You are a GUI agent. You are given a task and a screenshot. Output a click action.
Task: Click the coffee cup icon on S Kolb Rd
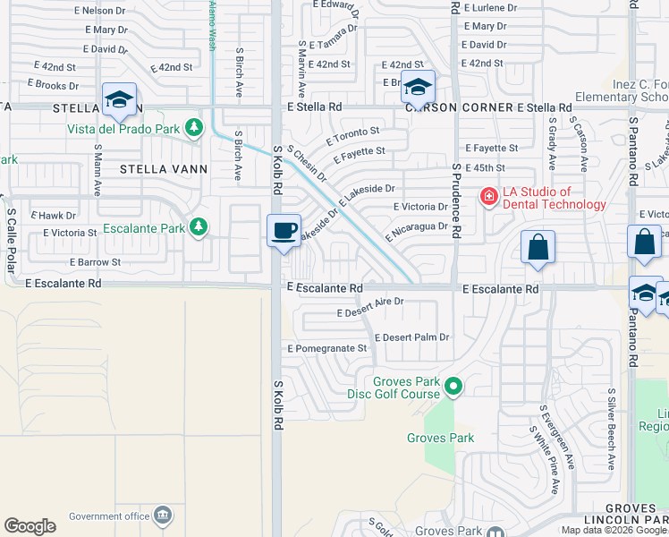(x=284, y=231)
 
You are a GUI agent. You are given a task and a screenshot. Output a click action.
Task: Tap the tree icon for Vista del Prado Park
(x=193, y=129)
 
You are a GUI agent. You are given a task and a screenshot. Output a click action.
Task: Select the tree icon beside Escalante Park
(x=199, y=228)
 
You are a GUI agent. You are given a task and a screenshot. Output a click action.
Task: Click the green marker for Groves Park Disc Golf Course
(x=453, y=387)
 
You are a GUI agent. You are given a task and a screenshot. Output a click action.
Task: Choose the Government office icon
(x=163, y=515)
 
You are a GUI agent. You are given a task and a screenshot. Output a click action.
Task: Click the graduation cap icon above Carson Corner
(x=418, y=87)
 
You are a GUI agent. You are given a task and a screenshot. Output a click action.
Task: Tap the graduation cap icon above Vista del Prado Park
(x=118, y=99)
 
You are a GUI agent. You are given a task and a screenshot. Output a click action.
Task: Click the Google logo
(x=30, y=526)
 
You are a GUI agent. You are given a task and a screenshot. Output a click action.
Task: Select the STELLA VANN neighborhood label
(x=168, y=168)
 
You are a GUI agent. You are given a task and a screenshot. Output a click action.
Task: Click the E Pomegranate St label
(x=327, y=348)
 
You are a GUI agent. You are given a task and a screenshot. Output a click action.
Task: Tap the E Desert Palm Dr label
(x=411, y=337)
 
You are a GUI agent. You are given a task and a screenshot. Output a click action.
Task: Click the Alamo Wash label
(x=213, y=26)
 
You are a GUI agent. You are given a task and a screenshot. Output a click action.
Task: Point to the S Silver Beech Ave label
(x=612, y=429)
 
